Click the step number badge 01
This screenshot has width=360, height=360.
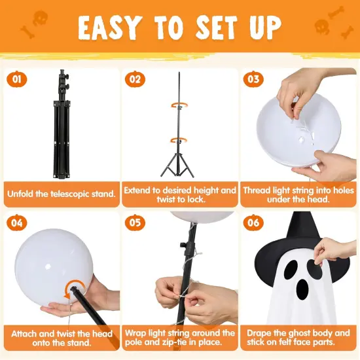click(x=17, y=80)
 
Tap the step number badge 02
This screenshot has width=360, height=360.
click(x=135, y=80)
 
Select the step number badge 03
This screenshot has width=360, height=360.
click(x=253, y=80)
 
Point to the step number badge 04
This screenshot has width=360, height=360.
click(x=17, y=223)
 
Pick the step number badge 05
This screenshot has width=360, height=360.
click(x=135, y=223)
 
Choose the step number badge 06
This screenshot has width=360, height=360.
click(x=253, y=223)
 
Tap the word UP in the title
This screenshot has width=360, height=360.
click(x=262, y=27)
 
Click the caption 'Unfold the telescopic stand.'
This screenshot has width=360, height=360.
click(x=61, y=194)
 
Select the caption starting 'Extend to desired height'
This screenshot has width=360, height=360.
click(x=180, y=194)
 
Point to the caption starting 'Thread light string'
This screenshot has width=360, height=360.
click(x=298, y=194)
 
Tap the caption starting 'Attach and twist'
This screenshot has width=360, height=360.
click(x=61, y=337)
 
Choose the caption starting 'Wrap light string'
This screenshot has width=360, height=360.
click(x=180, y=337)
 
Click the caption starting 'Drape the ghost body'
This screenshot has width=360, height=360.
click(x=298, y=337)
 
